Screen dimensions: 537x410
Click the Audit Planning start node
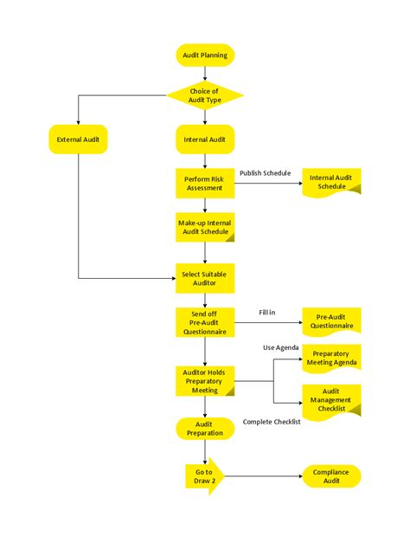(x=205, y=55)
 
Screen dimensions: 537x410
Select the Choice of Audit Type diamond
(x=205, y=95)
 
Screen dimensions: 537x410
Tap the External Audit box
(x=78, y=139)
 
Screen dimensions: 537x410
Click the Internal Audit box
(x=205, y=139)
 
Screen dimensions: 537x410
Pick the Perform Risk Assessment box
(x=205, y=183)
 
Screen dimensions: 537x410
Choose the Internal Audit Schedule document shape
(x=331, y=182)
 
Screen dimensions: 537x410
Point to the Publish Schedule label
(x=265, y=173)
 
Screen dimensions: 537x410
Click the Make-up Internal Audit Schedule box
(x=205, y=228)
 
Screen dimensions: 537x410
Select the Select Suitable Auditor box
(x=205, y=277)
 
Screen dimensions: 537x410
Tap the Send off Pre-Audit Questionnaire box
(x=205, y=322)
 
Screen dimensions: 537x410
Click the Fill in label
(x=267, y=312)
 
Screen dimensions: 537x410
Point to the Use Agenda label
(x=281, y=347)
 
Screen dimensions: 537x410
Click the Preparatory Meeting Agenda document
(x=331, y=359)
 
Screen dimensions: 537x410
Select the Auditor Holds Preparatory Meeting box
(x=205, y=380)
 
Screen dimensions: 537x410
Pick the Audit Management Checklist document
(x=331, y=400)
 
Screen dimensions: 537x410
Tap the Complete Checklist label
(x=272, y=422)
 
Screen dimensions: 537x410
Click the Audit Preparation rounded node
(x=205, y=428)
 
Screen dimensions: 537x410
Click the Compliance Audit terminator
(x=331, y=476)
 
